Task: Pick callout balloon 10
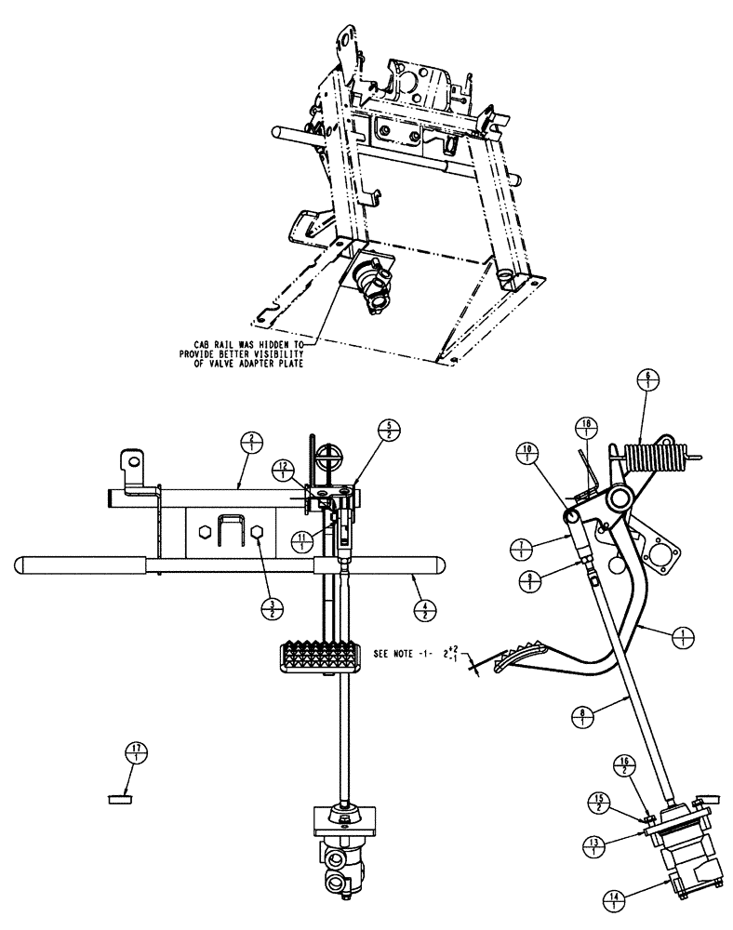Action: tap(527, 456)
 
